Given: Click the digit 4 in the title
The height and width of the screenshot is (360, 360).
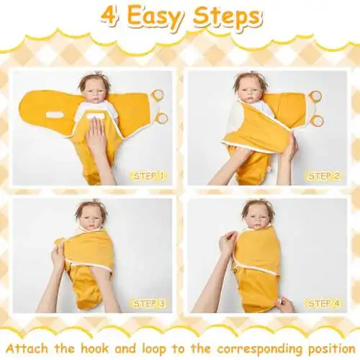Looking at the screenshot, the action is pyautogui.click(x=109, y=17).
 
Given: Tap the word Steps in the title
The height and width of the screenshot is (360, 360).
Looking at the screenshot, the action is pyautogui.click(x=227, y=18).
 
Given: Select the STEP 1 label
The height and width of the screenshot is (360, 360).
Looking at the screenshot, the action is pyautogui.click(x=148, y=176).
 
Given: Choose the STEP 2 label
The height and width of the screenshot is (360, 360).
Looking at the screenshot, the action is pyautogui.click(x=324, y=176).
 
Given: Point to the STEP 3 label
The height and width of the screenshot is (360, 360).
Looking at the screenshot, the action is pyautogui.click(x=149, y=304).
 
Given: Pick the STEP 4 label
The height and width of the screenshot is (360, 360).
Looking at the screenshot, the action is pyautogui.click(x=324, y=304).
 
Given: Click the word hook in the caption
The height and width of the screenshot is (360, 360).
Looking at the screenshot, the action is pyautogui.click(x=95, y=348).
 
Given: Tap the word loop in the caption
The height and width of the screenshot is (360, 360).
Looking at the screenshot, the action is pyautogui.click(x=154, y=349).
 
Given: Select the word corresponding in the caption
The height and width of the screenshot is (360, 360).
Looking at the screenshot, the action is pyautogui.click(x=259, y=350).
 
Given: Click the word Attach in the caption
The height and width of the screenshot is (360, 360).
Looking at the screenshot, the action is pyautogui.click(x=27, y=348).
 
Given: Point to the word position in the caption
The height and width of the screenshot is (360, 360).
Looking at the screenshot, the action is pyautogui.click(x=331, y=349).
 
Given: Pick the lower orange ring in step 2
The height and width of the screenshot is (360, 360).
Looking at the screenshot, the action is pyautogui.click(x=318, y=121).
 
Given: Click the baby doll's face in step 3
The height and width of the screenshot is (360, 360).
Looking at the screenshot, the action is pyautogui.click(x=92, y=221).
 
